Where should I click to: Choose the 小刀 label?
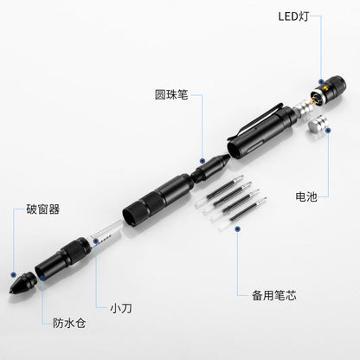pyautogui.click(x=120, y=305)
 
